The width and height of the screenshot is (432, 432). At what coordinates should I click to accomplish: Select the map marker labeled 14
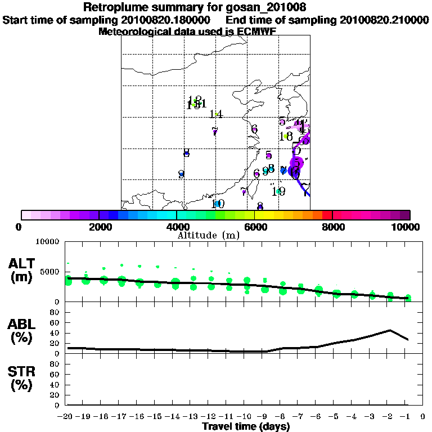217,114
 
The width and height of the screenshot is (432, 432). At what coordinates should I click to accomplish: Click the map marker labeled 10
217,204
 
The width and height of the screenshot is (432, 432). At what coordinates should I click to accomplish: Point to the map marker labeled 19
278,192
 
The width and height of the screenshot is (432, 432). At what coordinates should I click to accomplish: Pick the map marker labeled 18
286,137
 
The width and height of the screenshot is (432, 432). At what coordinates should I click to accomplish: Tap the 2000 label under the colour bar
98,227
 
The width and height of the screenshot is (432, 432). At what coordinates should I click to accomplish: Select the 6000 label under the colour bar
254,227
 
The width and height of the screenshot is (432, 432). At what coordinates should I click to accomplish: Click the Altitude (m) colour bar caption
208,235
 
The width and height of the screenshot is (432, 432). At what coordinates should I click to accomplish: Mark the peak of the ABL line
390,330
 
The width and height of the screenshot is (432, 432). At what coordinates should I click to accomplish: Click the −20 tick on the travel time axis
67,417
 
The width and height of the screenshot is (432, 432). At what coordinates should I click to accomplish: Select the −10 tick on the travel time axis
247,417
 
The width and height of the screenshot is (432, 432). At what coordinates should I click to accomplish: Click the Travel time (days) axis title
246,426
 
